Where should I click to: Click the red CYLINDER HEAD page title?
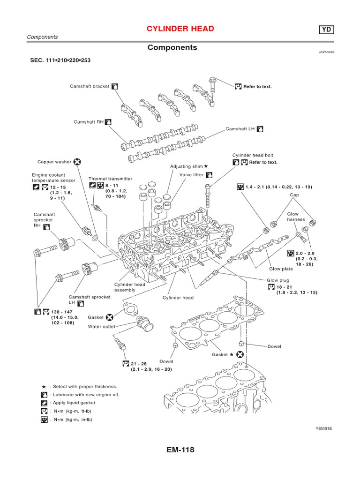pos(180,29)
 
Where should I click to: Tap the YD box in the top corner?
pos(327,30)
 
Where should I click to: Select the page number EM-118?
pos(180,450)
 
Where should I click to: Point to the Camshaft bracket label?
pos(90,87)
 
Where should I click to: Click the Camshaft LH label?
pos(240,128)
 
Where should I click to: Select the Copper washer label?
pos(54,162)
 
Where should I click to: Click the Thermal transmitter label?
pos(111,179)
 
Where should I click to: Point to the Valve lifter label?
pos(192,175)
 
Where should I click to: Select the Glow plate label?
pos(281,269)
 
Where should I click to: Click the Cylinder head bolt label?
pos(253,155)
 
